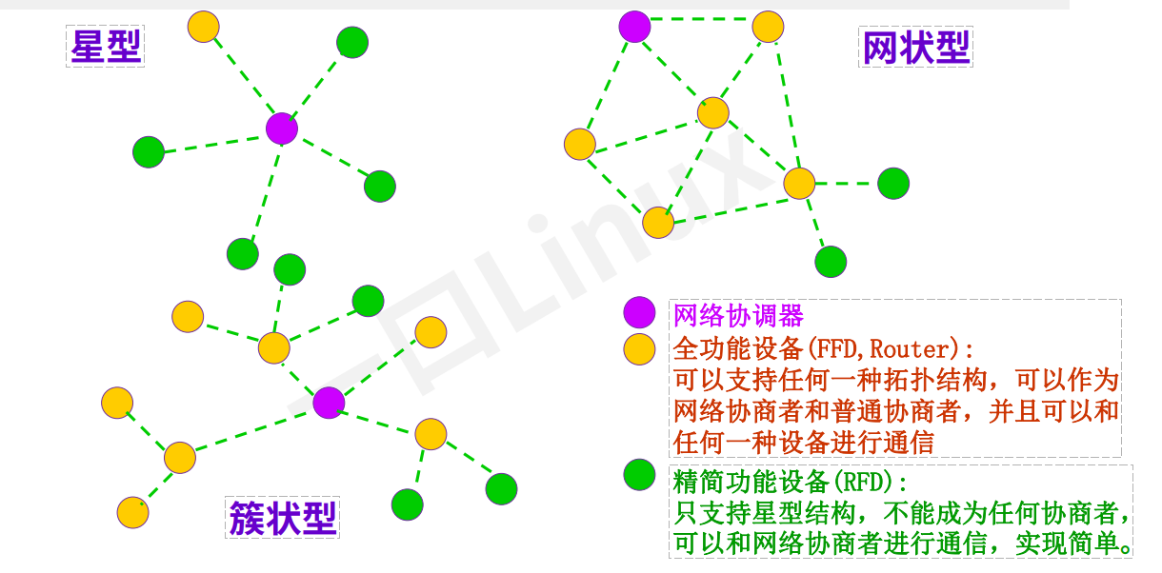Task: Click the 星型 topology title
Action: (106, 46)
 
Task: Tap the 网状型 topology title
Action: (915, 47)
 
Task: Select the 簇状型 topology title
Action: (283, 518)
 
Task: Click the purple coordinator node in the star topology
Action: (282, 128)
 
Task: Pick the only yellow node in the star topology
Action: (203, 26)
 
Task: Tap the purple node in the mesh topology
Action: (634, 26)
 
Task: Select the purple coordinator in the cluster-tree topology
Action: (329, 403)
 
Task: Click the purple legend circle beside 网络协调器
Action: (639, 313)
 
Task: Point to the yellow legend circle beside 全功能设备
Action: (639, 348)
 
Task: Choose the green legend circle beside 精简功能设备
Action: (639, 475)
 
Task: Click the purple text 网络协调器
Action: (738, 315)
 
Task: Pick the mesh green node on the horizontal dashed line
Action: (893, 183)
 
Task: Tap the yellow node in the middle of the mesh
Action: (712, 112)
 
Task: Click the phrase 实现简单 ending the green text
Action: (1071, 544)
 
